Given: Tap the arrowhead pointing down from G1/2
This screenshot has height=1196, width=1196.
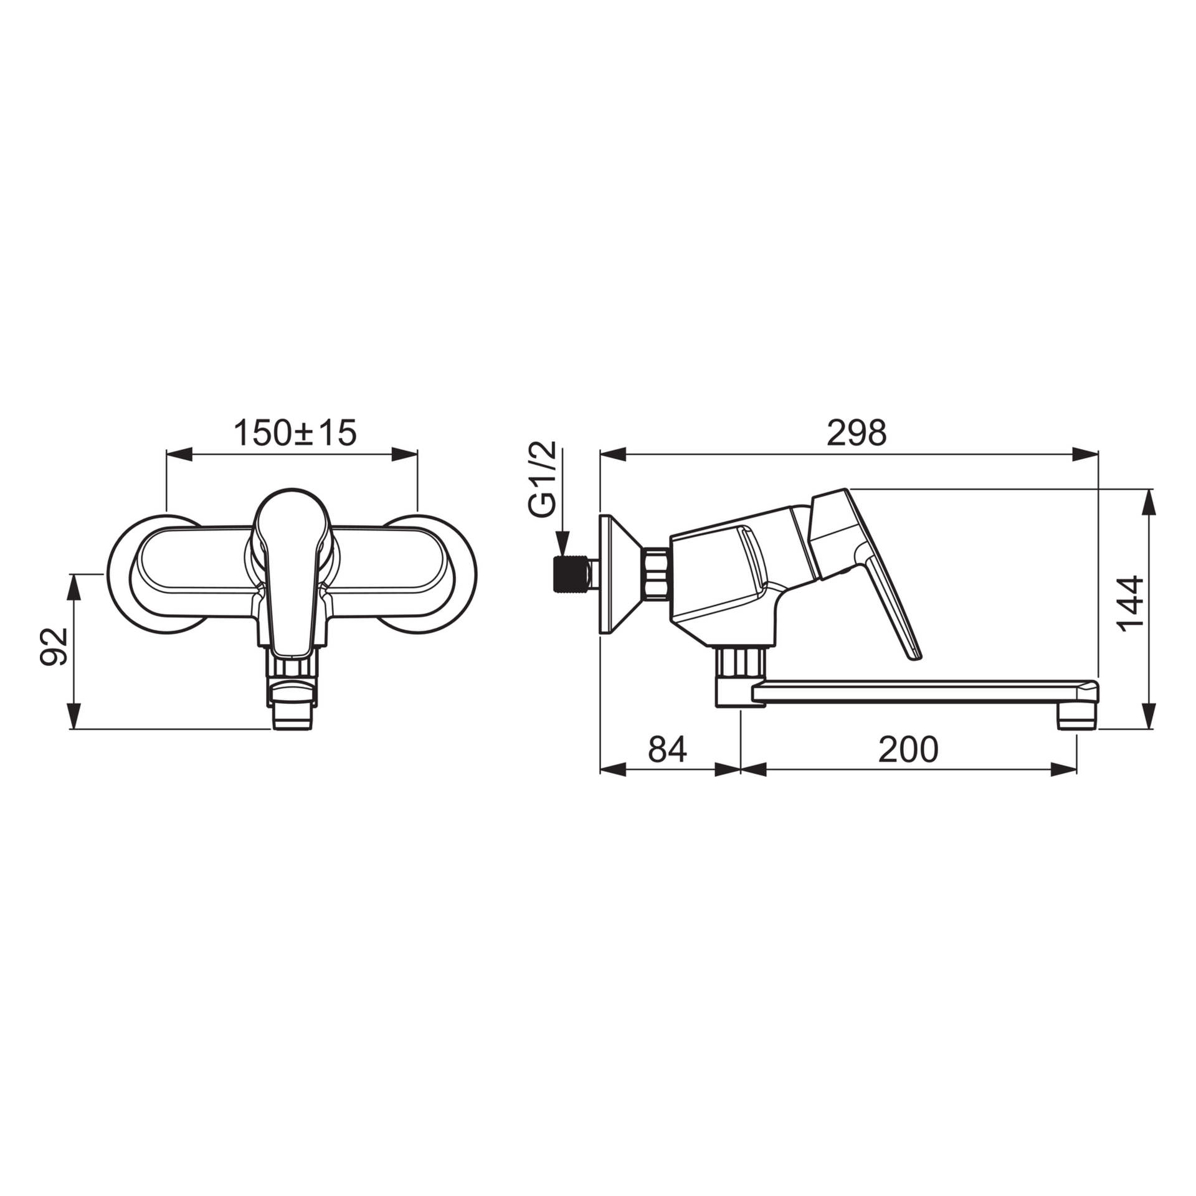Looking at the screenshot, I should pos(562,541).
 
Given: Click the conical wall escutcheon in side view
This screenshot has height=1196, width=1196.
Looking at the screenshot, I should pos(617,573).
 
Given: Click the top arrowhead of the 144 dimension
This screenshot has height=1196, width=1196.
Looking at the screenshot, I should pos(1150,502).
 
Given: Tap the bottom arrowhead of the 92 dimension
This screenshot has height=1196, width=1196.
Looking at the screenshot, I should pos(74,716).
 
